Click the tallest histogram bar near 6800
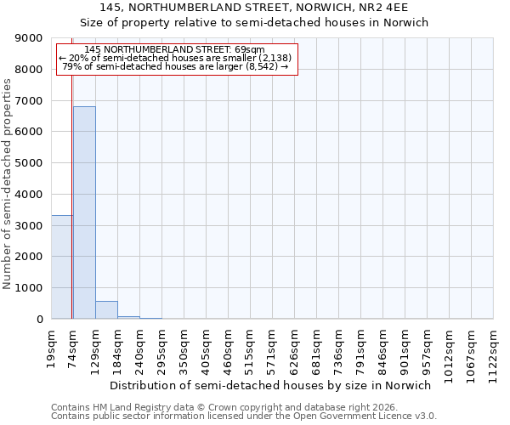coord(84,212)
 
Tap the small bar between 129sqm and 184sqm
coord(106,310)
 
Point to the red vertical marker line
coord(72,187)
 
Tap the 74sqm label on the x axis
coord(73,348)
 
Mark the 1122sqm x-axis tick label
coord(494,353)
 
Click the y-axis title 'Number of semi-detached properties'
coord(8,184)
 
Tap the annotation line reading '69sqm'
coord(177,50)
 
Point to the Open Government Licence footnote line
coord(244,416)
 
